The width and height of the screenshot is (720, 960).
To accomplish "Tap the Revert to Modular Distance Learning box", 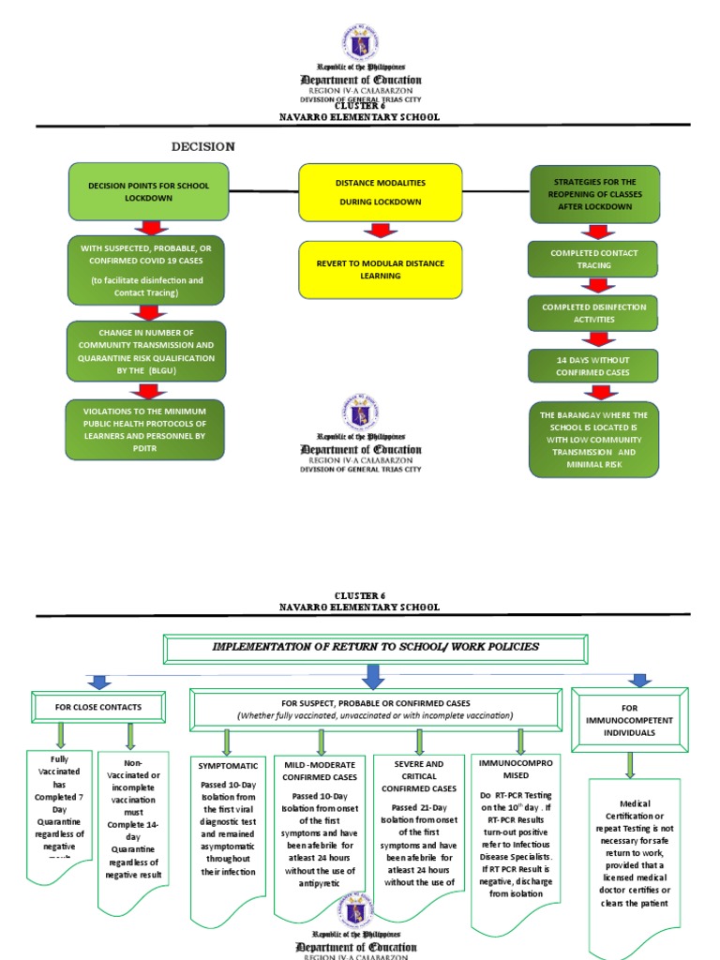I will pos(380,269).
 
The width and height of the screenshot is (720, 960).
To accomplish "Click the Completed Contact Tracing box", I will pos(593,259).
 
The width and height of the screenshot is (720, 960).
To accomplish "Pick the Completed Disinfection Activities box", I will pos(593,313).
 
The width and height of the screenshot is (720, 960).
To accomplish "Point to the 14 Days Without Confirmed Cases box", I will pos(593,366).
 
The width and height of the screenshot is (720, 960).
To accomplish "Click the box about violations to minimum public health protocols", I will pos(145,429).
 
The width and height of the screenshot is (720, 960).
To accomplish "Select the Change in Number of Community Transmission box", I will pos(145,351).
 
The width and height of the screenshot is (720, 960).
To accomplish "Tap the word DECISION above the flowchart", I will pos(202,146).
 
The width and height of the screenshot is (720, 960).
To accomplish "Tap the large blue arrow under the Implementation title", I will pos(373,675).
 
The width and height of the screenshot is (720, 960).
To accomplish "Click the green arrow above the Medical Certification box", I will pos(630,764).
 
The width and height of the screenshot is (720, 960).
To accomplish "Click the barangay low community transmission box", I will pos(593,439).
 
